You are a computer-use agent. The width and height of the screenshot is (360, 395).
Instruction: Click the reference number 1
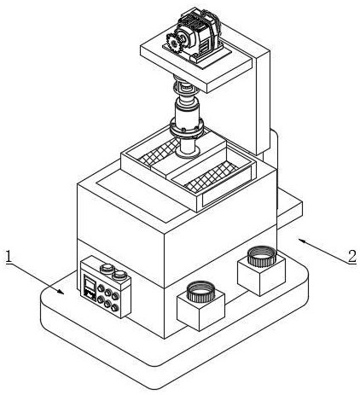pos(9,256)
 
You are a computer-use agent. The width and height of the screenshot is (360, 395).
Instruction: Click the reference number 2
pos(352,256)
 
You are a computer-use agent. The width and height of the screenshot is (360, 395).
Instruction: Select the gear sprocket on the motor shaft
pos(173,43)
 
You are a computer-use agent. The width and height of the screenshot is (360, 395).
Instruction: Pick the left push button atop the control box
pos(106,268)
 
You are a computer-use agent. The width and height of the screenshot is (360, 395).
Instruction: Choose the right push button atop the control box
pos(119,275)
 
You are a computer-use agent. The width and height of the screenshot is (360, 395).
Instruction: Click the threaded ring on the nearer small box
pos(200,292)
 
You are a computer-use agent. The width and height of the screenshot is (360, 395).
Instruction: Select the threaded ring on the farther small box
pos(262,257)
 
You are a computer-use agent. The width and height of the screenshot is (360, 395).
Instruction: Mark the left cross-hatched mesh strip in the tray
pos(159,154)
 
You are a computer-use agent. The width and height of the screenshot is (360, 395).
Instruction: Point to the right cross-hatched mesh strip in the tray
pos(212,177)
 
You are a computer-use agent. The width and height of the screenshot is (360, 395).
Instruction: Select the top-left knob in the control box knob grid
pos(101,288)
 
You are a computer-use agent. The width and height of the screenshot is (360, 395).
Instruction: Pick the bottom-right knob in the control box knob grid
pos(114,307)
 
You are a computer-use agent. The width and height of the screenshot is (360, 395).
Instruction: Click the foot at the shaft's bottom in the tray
pos(188,152)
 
